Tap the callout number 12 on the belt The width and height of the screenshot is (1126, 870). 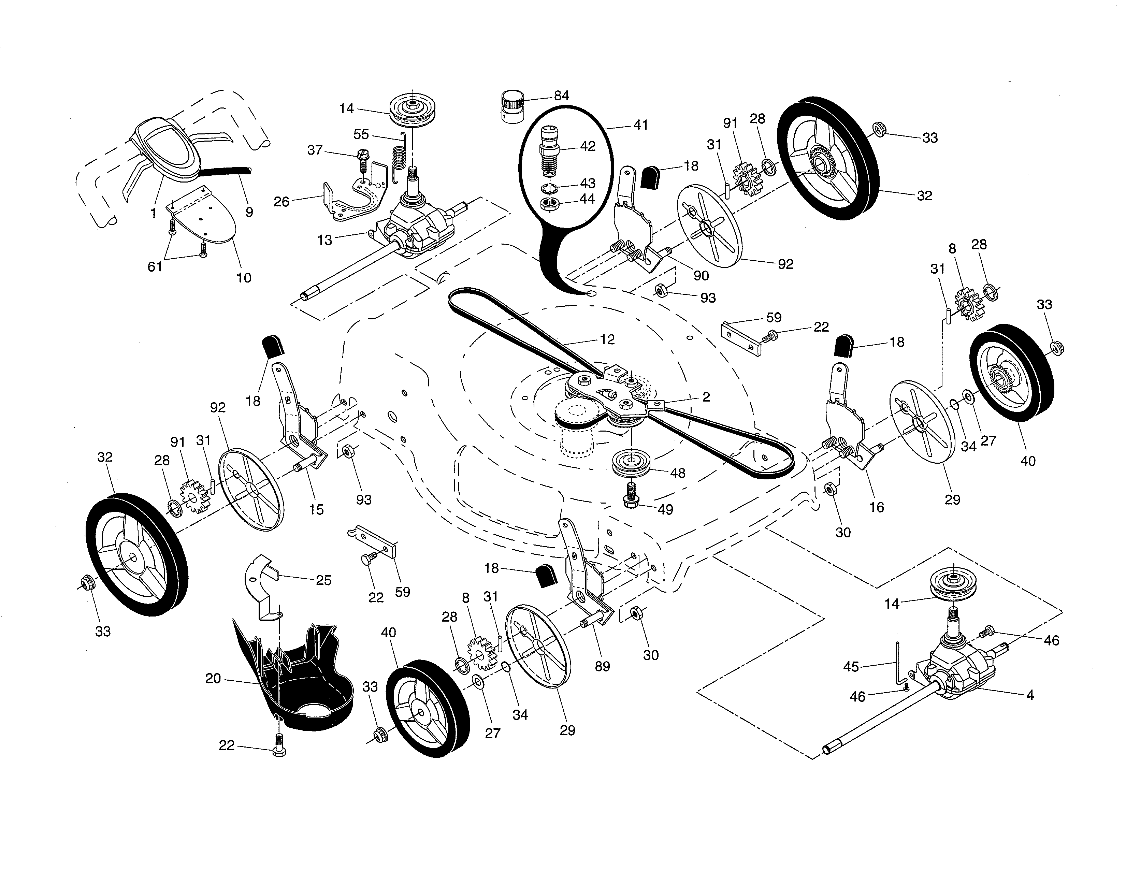(607, 340)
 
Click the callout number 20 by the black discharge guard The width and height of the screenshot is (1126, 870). (213, 679)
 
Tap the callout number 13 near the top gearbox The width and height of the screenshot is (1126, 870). (325, 240)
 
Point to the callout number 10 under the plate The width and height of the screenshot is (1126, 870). (244, 278)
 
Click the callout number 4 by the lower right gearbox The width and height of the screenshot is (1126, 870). (1030, 695)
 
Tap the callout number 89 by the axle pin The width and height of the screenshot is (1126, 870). (602, 666)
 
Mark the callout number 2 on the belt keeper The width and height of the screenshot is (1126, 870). (706, 397)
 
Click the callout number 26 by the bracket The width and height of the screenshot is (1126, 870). (281, 202)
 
